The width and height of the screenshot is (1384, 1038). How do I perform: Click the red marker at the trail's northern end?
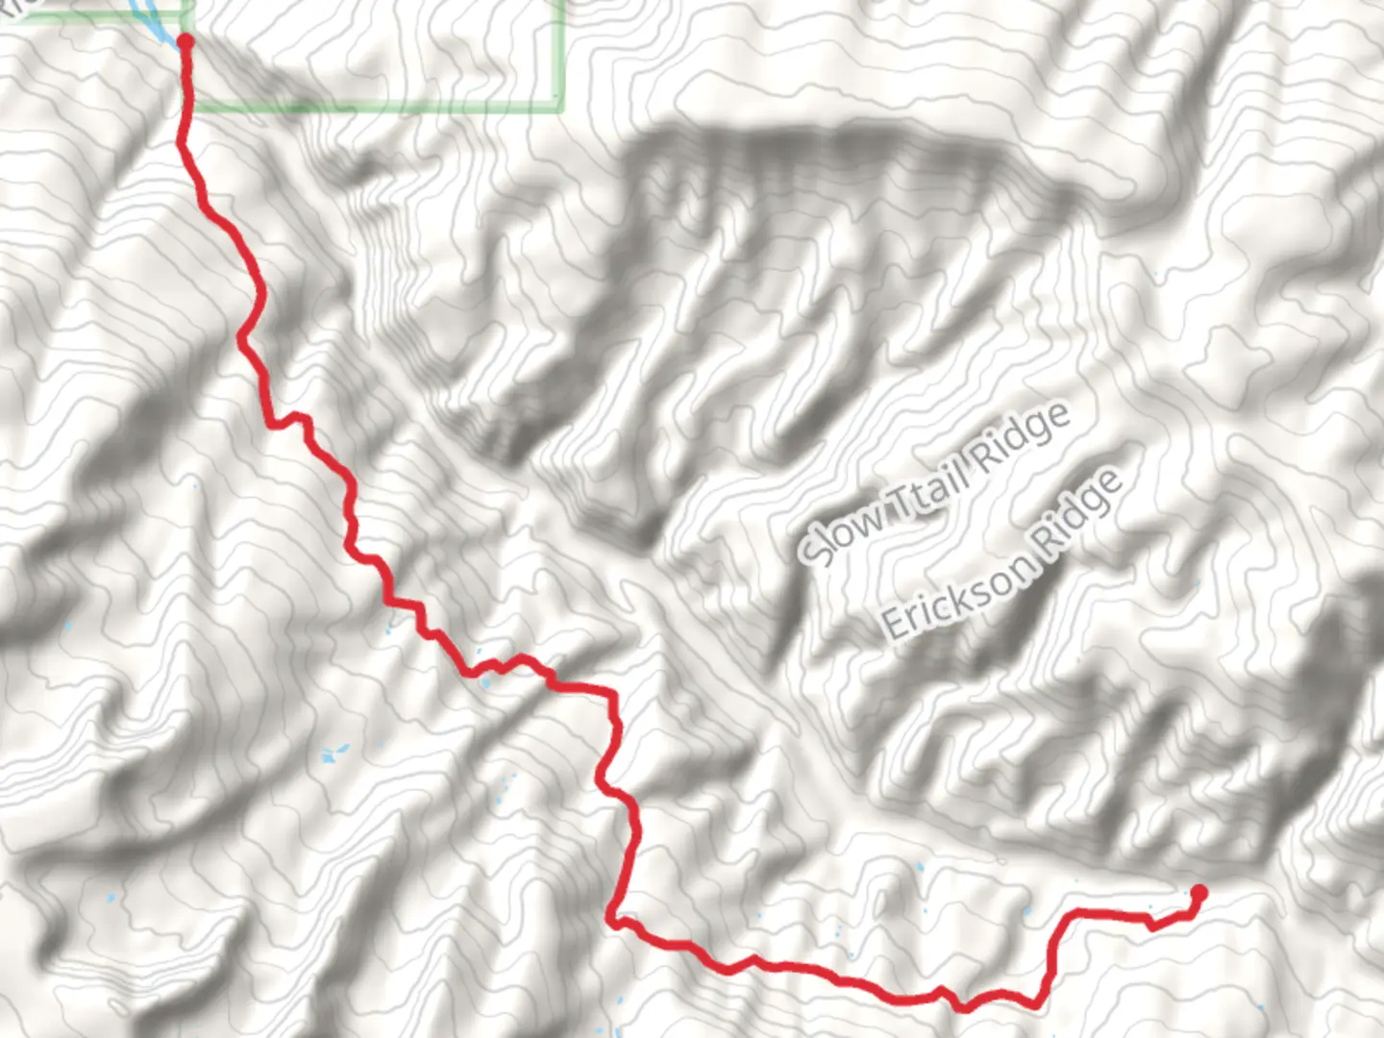(185, 41)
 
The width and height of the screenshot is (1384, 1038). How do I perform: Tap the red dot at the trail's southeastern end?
(1199, 893)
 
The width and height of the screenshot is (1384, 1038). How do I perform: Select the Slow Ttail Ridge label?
(934, 482)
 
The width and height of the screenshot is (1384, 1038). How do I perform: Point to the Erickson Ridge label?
(1001, 556)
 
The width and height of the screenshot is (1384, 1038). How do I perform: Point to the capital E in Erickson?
(895, 626)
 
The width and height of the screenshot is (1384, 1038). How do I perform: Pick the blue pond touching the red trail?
(485, 681)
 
